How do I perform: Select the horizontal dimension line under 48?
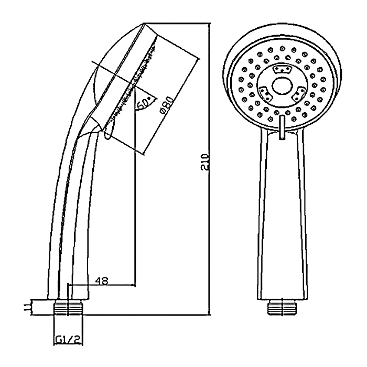point(102,286)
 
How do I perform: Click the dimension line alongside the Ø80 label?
point(173,107)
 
